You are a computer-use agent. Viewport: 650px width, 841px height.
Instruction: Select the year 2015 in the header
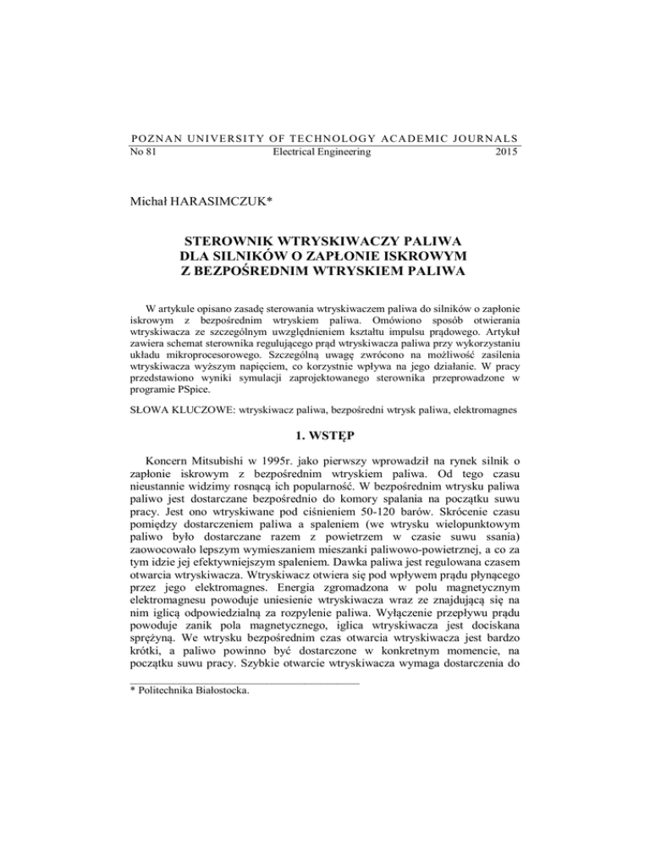(x=506, y=152)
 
